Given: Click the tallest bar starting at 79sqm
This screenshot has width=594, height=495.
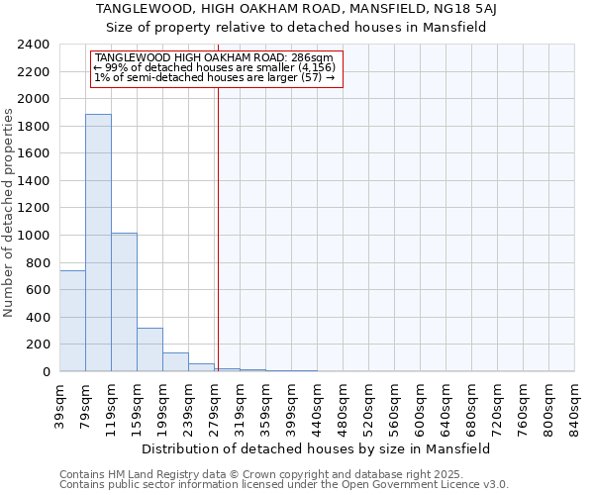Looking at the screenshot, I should click(x=98, y=243).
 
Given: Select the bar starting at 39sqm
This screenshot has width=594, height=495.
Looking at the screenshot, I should click(x=72, y=321).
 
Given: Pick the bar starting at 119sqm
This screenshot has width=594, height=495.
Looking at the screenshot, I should click(x=124, y=302).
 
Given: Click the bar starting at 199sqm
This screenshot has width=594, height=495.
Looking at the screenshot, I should click(x=175, y=362).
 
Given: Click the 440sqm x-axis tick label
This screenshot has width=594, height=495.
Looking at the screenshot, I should click(x=318, y=406).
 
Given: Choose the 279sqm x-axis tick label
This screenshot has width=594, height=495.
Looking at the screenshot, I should click(x=215, y=406).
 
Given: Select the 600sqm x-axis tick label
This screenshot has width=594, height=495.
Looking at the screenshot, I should click(x=421, y=406).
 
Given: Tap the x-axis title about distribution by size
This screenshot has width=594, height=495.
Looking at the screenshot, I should click(x=316, y=448).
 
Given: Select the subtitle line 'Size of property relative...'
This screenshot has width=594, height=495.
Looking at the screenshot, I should click(x=296, y=28).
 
